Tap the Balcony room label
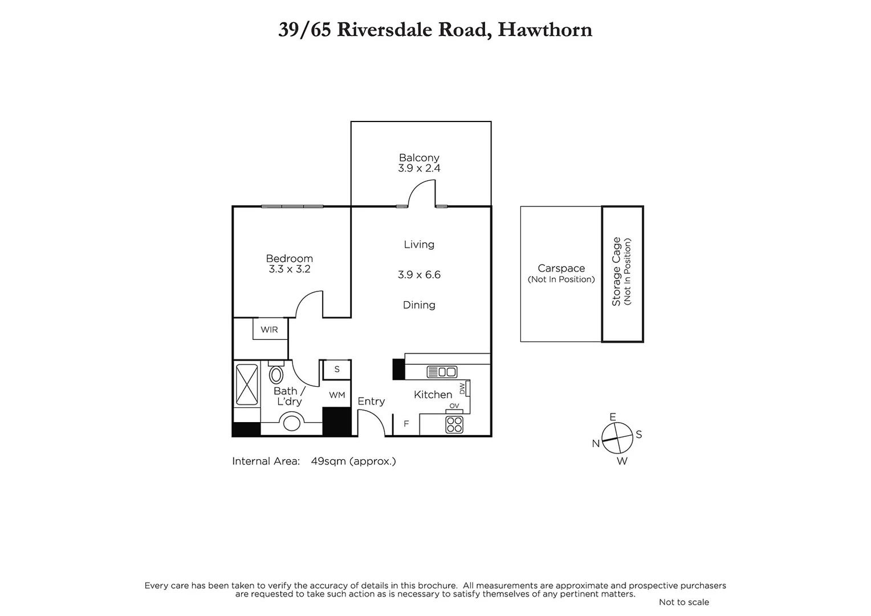pos(419,157)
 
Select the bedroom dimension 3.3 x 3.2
pos(290,269)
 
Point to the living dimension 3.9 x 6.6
pos(419,275)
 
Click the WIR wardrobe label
pos(269,330)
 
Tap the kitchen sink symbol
pos(442,372)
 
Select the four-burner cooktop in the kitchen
pos(454,424)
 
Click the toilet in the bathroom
pos(276,374)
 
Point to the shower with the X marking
pos(247,385)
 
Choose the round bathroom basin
pos(292,423)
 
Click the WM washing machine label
pos(337,395)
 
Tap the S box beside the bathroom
pos(337,369)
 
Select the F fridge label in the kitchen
pos(406,424)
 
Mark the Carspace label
pos(561,268)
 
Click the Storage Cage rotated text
pos(616,271)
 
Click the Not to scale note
pos(683,602)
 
